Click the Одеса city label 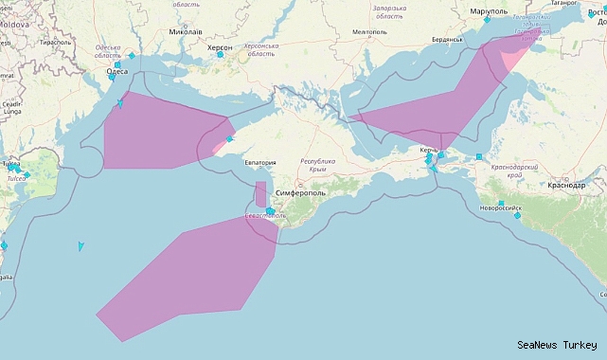coord(117,70)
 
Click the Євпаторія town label coord(260,163)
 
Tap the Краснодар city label coord(566,186)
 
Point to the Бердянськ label coord(445,39)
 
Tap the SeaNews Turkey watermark coord(557,345)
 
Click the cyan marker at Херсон coord(220,55)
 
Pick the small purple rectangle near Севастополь coord(260,193)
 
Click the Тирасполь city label coord(55,43)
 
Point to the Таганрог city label coord(563,4)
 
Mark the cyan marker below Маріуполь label coord(487,19)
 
